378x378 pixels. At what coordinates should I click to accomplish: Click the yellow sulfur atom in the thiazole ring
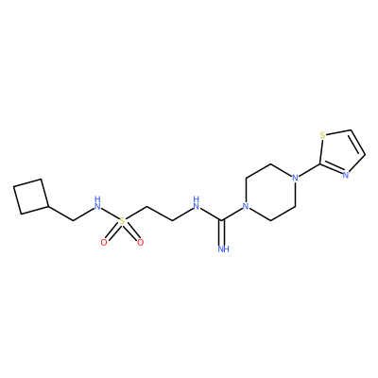point(322,135)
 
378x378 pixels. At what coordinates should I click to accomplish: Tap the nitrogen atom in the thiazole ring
point(346,176)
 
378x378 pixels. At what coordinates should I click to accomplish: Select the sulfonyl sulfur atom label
point(122,221)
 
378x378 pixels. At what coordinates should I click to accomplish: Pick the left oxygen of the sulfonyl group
point(104,242)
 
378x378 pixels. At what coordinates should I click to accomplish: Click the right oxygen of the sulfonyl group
point(141,242)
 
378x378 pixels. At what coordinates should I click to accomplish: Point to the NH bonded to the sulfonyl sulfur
point(98,203)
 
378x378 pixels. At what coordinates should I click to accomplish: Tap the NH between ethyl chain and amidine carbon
point(197,203)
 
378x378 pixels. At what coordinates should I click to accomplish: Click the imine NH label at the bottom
point(223,249)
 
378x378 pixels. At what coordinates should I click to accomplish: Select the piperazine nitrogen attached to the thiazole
point(295,178)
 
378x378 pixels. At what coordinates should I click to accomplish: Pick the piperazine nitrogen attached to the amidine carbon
point(246,207)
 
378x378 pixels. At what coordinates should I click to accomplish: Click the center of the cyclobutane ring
point(31,197)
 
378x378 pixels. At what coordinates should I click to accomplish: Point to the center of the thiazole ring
point(341,154)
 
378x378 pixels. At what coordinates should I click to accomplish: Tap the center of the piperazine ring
point(270,192)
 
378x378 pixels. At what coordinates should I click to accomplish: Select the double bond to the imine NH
point(223,232)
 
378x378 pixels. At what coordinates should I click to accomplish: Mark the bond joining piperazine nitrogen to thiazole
point(310,170)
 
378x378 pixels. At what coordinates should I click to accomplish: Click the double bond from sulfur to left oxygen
point(112,232)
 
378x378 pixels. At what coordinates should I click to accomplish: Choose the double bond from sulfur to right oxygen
point(131,232)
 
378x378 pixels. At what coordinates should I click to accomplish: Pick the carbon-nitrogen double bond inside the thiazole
point(332,169)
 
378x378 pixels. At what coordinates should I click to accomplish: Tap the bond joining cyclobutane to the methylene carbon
point(60,214)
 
